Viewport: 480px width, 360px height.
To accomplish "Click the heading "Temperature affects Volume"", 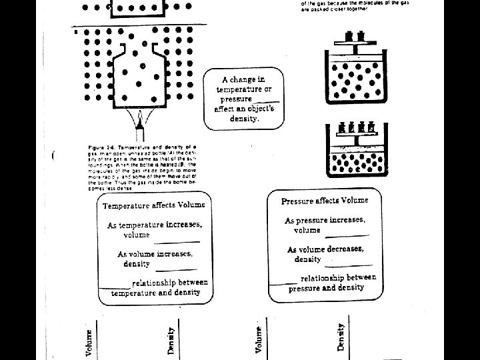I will pyautogui.click(x=153, y=205).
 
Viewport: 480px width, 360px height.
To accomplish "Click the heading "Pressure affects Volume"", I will pyautogui.click(x=325, y=201).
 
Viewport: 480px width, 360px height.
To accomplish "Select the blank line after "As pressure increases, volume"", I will pyautogui.click(x=347, y=235).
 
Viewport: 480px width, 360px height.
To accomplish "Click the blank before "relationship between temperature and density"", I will pyautogui.click(x=114, y=287).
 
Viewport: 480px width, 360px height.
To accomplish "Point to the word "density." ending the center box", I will pyautogui.click(x=244, y=118).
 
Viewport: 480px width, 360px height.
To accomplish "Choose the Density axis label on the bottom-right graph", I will pyautogui.click(x=341, y=337).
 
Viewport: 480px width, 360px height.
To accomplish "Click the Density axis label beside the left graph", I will pyautogui.click(x=171, y=339).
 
